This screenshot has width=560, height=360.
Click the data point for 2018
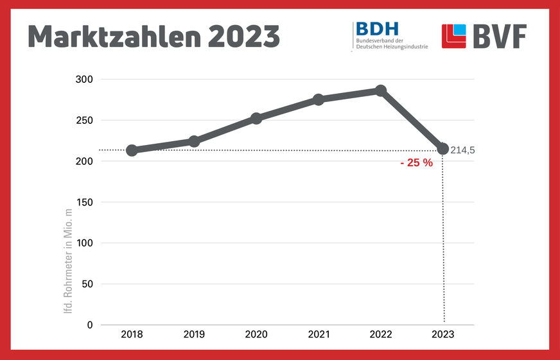[132, 150]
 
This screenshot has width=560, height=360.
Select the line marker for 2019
[194, 141]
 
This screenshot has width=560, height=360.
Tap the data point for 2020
[256, 118]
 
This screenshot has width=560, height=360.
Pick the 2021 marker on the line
[319, 99]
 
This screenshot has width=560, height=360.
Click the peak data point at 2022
[381, 90]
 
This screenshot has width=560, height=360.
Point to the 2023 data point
[442, 149]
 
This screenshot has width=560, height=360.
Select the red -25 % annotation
[416, 163]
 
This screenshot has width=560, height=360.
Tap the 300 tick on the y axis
[85, 79]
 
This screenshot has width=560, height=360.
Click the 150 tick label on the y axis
[85, 202]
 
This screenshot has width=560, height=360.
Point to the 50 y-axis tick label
[87, 284]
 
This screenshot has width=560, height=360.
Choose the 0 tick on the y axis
[90, 325]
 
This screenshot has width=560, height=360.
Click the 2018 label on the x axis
[132, 335]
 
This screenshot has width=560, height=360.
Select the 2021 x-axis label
[319, 335]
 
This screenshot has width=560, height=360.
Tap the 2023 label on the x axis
[442, 335]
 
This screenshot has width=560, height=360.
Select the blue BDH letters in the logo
[377, 29]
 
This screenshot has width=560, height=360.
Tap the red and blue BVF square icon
[454, 37]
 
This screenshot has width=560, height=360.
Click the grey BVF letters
[500, 37]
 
